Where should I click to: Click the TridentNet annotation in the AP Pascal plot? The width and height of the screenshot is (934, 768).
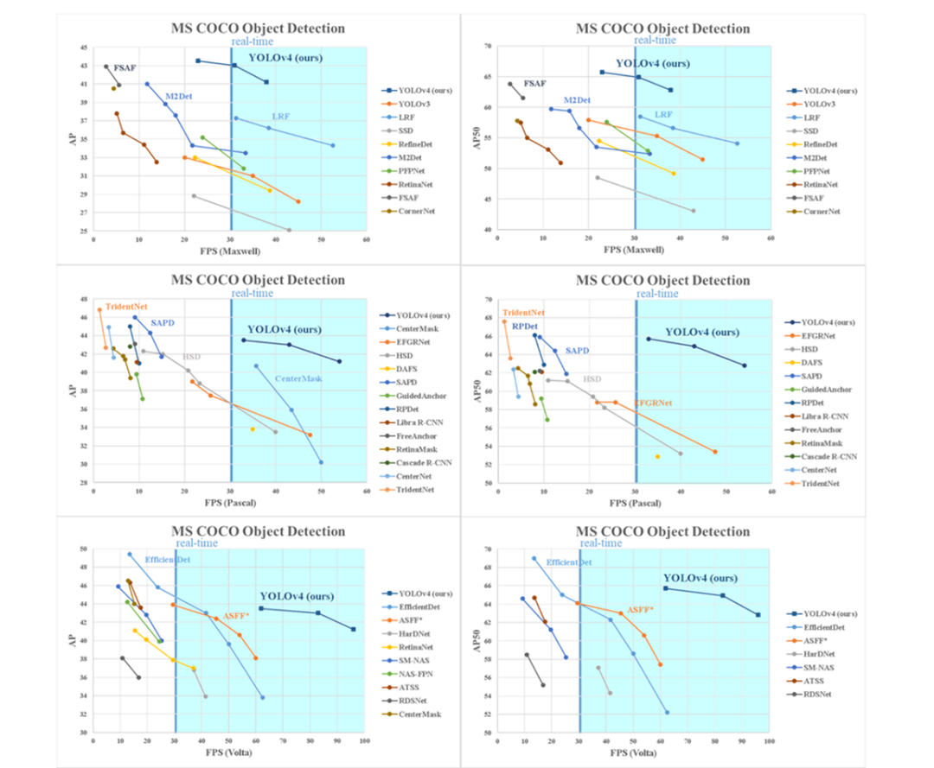pyautogui.click(x=125, y=306)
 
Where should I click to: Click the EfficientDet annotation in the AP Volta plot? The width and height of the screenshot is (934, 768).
pyautogui.click(x=167, y=560)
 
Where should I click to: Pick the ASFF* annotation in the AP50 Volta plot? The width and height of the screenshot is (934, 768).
pyautogui.click(x=640, y=609)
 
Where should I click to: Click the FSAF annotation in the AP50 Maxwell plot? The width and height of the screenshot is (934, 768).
pyautogui.click(x=534, y=84)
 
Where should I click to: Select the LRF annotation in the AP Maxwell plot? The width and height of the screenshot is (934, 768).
pyautogui.click(x=281, y=116)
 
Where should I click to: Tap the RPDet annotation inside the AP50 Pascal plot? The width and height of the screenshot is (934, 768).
pyautogui.click(x=524, y=327)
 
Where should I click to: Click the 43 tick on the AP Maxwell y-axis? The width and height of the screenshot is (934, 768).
pyautogui.click(x=83, y=66)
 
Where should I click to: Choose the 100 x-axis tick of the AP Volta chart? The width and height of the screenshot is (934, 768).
pyautogui.click(x=366, y=741)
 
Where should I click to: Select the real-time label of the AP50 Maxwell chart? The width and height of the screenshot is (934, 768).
pyautogui.click(x=655, y=40)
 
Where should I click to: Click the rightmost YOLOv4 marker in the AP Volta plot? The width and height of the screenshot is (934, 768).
pyautogui.click(x=353, y=629)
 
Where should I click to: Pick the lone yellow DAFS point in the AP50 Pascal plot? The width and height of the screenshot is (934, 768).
pyautogui.click(x=657, y=456)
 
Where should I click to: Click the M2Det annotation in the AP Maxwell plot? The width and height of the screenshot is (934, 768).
pyautogui.click(x=178, y=95)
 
